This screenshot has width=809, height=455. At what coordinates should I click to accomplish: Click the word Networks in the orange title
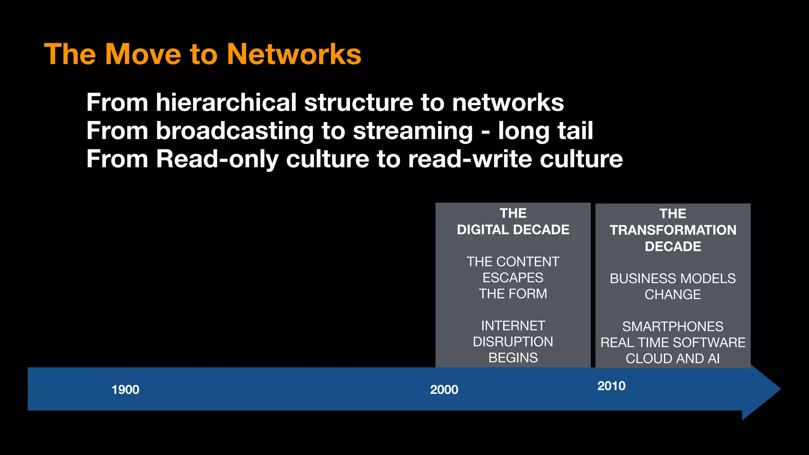tap(294, 54)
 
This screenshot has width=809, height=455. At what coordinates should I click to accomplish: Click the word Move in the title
tap(143, 54)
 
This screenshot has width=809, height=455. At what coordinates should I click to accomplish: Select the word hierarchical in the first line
tap(226, 103)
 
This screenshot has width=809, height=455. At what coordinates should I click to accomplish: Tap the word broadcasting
tap(235, 131)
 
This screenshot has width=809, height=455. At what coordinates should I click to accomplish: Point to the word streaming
tap(412, 132)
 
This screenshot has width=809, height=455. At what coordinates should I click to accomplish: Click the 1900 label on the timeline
tap(125, 390)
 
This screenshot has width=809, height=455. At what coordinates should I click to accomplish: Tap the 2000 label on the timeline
tap(444, 390)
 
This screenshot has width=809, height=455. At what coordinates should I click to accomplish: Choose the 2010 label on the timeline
tap(611, 386)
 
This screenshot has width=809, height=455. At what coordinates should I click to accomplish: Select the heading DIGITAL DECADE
tap(513, 229)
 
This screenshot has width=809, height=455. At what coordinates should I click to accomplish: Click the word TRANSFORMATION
tap(673, 230)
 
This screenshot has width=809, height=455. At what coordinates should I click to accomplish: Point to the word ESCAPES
tap(513, 278)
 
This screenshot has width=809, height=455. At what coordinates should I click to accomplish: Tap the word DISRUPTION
tap(513, 342)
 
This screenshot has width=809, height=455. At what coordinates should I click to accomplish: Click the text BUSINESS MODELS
tap(673, 278)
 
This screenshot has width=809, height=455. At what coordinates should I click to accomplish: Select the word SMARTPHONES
tap(673, 327)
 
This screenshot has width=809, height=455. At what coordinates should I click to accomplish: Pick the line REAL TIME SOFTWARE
tap(673, 342)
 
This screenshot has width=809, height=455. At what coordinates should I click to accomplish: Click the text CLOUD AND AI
tap(673, 359)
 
